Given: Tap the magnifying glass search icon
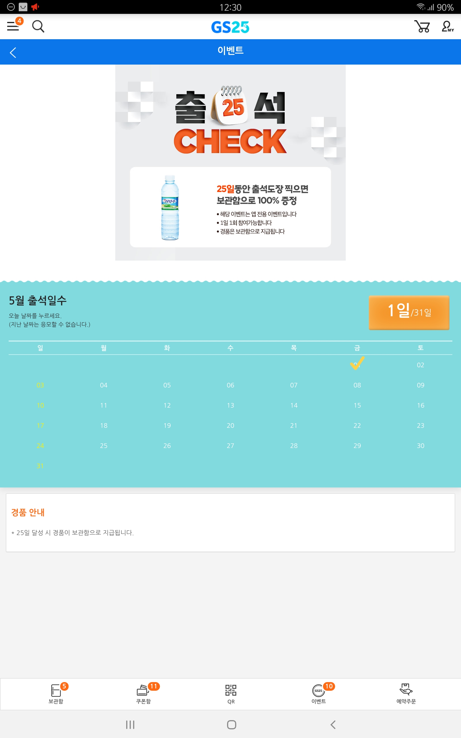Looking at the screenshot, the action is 38,27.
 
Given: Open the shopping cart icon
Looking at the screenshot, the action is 422,27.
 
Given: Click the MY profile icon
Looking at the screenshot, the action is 447,27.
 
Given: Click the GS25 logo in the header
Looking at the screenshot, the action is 230,27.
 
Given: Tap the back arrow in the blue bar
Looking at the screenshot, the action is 13,52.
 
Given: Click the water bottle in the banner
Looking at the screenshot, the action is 170,207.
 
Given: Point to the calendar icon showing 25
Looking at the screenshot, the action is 230,105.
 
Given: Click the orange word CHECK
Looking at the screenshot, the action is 230,141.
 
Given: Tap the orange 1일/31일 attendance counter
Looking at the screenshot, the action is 409,312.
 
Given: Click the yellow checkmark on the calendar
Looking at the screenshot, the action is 357,363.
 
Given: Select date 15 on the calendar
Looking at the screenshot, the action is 357,405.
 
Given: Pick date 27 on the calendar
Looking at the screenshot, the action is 231,446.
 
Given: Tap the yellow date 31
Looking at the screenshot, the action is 40,466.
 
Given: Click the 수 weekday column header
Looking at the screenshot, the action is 231,348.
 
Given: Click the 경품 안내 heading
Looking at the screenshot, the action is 28,512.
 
